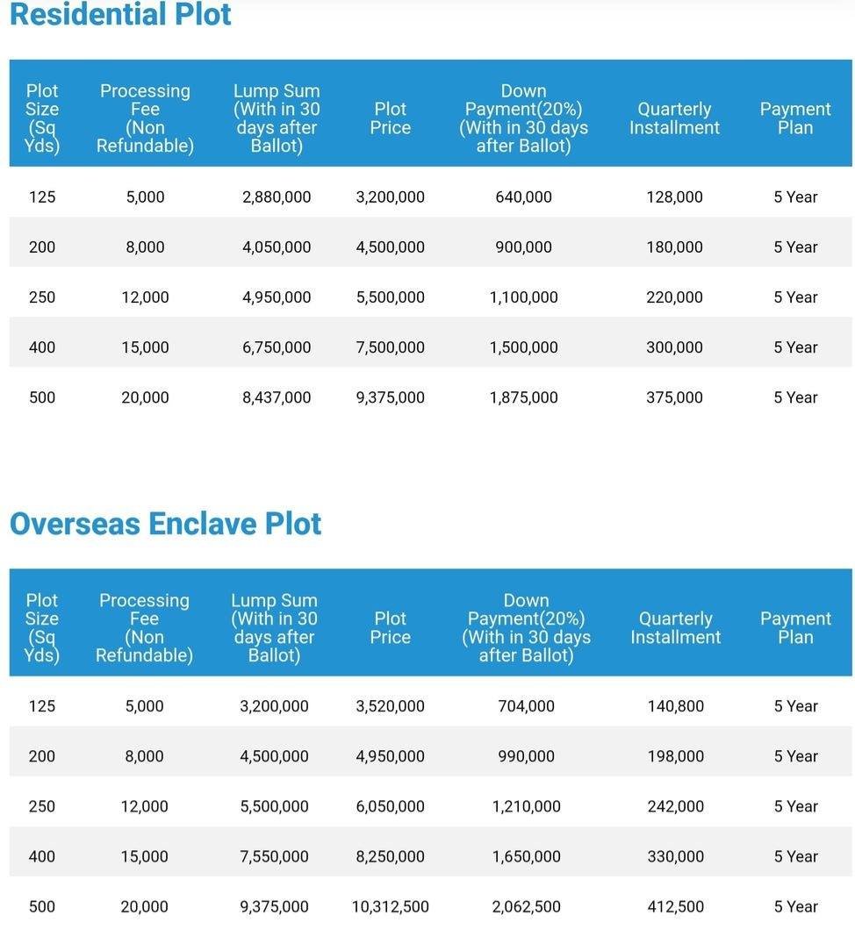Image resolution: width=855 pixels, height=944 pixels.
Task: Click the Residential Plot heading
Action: pyautogui.click(x=120, y=14)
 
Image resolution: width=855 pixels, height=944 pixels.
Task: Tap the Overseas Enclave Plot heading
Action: pyautogui.click(x=166, y=523)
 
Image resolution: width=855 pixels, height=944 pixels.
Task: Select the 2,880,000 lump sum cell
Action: pyautogui.click(x=277, y=197)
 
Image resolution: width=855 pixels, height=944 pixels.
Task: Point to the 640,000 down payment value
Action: pyautogui.click(x=523, y=197)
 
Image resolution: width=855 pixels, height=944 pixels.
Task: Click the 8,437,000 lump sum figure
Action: pyautogui.click(x=277, y=397)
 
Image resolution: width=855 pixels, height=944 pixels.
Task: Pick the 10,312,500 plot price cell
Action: pyautogui.click(x=391, y=906)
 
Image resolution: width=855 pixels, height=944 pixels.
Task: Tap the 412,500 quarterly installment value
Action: pyautogui.click(x=675, y=906)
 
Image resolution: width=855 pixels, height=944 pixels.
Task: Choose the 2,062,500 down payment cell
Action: pyautogui.click(x=526, y=906)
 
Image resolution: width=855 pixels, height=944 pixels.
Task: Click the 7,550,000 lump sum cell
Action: pyautogui.click(x=274, y=856)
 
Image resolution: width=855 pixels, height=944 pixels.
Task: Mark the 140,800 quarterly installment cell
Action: pyautogui.click(x=675, y=706)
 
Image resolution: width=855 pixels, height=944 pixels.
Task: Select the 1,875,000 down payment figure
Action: pyautogui.click(x=523, y=397)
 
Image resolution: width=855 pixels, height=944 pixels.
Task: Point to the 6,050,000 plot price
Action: pyautogui.click(x=391, y=806)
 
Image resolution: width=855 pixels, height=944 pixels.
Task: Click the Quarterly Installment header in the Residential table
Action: pyautogui.click(x=674, y=118)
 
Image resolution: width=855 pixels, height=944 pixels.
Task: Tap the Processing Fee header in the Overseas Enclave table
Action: pyautogui.click(x=145, y=627)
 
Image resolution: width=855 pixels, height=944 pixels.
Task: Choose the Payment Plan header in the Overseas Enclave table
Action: pyautogui.click(x=795, y=627)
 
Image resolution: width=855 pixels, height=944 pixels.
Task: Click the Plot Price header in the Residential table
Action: pyautogui.click(x=391, y=118)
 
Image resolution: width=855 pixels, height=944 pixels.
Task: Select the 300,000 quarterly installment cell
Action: pyautogui.click(x=674, y=347)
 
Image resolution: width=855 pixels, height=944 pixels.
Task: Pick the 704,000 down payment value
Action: pyautogui.click(x=526, y=706)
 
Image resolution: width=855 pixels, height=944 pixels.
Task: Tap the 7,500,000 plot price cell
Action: pyautogui.click(x=391, y=347)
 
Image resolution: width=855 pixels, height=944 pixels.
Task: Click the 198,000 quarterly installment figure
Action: pyautogui.click(x=675, y=756)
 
